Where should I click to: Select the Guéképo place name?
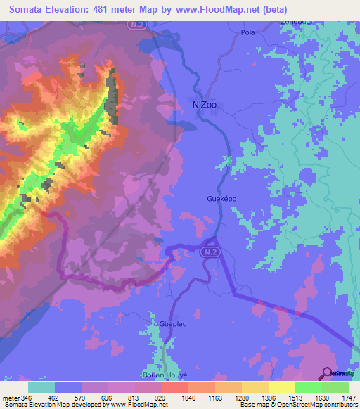222,198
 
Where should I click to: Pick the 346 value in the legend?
28,398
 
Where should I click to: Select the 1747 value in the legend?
349,398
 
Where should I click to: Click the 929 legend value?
162,398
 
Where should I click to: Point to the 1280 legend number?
242,398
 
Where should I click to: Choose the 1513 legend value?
295,398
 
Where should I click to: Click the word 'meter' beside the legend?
11,398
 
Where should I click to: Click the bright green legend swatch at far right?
335,387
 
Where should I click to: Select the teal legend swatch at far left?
41,387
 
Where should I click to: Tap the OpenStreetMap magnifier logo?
327,373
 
